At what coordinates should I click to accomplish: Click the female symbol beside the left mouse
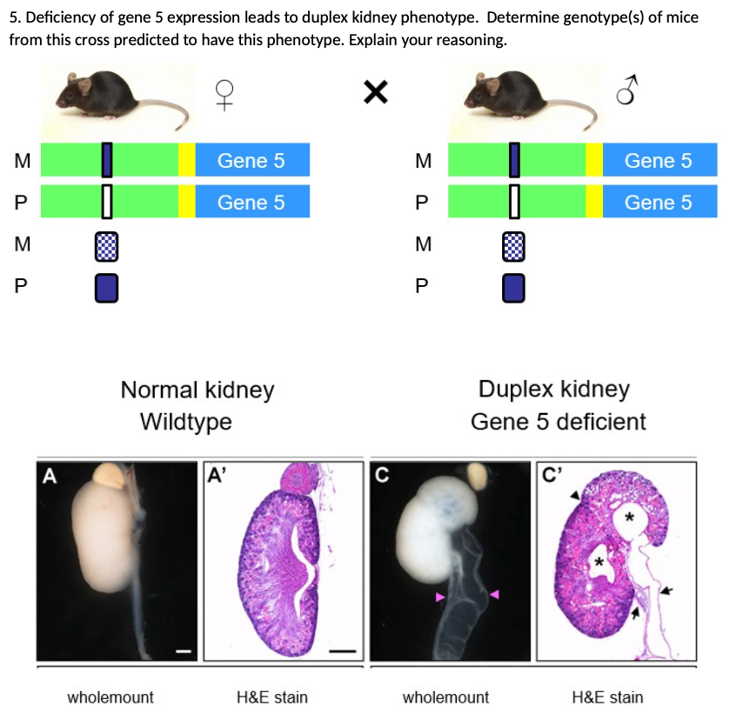(x=224, y=95)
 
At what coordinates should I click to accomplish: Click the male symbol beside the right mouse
(x=627, y=90)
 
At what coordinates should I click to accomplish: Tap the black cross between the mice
(x=376, y=92)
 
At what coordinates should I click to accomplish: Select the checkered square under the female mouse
(x=107, y=246)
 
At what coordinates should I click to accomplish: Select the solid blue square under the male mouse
(x=513, y=288)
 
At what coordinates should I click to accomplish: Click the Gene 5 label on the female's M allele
(x=251, y=161)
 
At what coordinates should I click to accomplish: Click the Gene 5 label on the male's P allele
(x=659, y=203)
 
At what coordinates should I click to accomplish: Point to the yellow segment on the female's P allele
(x=187, y=202)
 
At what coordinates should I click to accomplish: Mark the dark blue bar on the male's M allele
(x=514, y=160)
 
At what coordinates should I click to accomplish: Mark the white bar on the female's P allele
(x=107, y=202)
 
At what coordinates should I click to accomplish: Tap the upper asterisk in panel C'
(x=629, y=517)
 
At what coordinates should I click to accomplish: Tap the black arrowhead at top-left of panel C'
(x=575, y=495)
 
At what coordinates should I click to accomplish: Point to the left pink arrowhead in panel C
(x=440, y=597)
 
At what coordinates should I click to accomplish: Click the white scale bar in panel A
(x=184, y=651)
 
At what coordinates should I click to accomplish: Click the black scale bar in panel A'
(x=343, y=651)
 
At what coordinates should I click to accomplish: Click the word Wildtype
(x=186, y=421)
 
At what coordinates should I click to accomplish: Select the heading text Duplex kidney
(x=554, y=390)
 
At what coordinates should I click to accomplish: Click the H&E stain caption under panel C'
(x=607, y=697)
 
